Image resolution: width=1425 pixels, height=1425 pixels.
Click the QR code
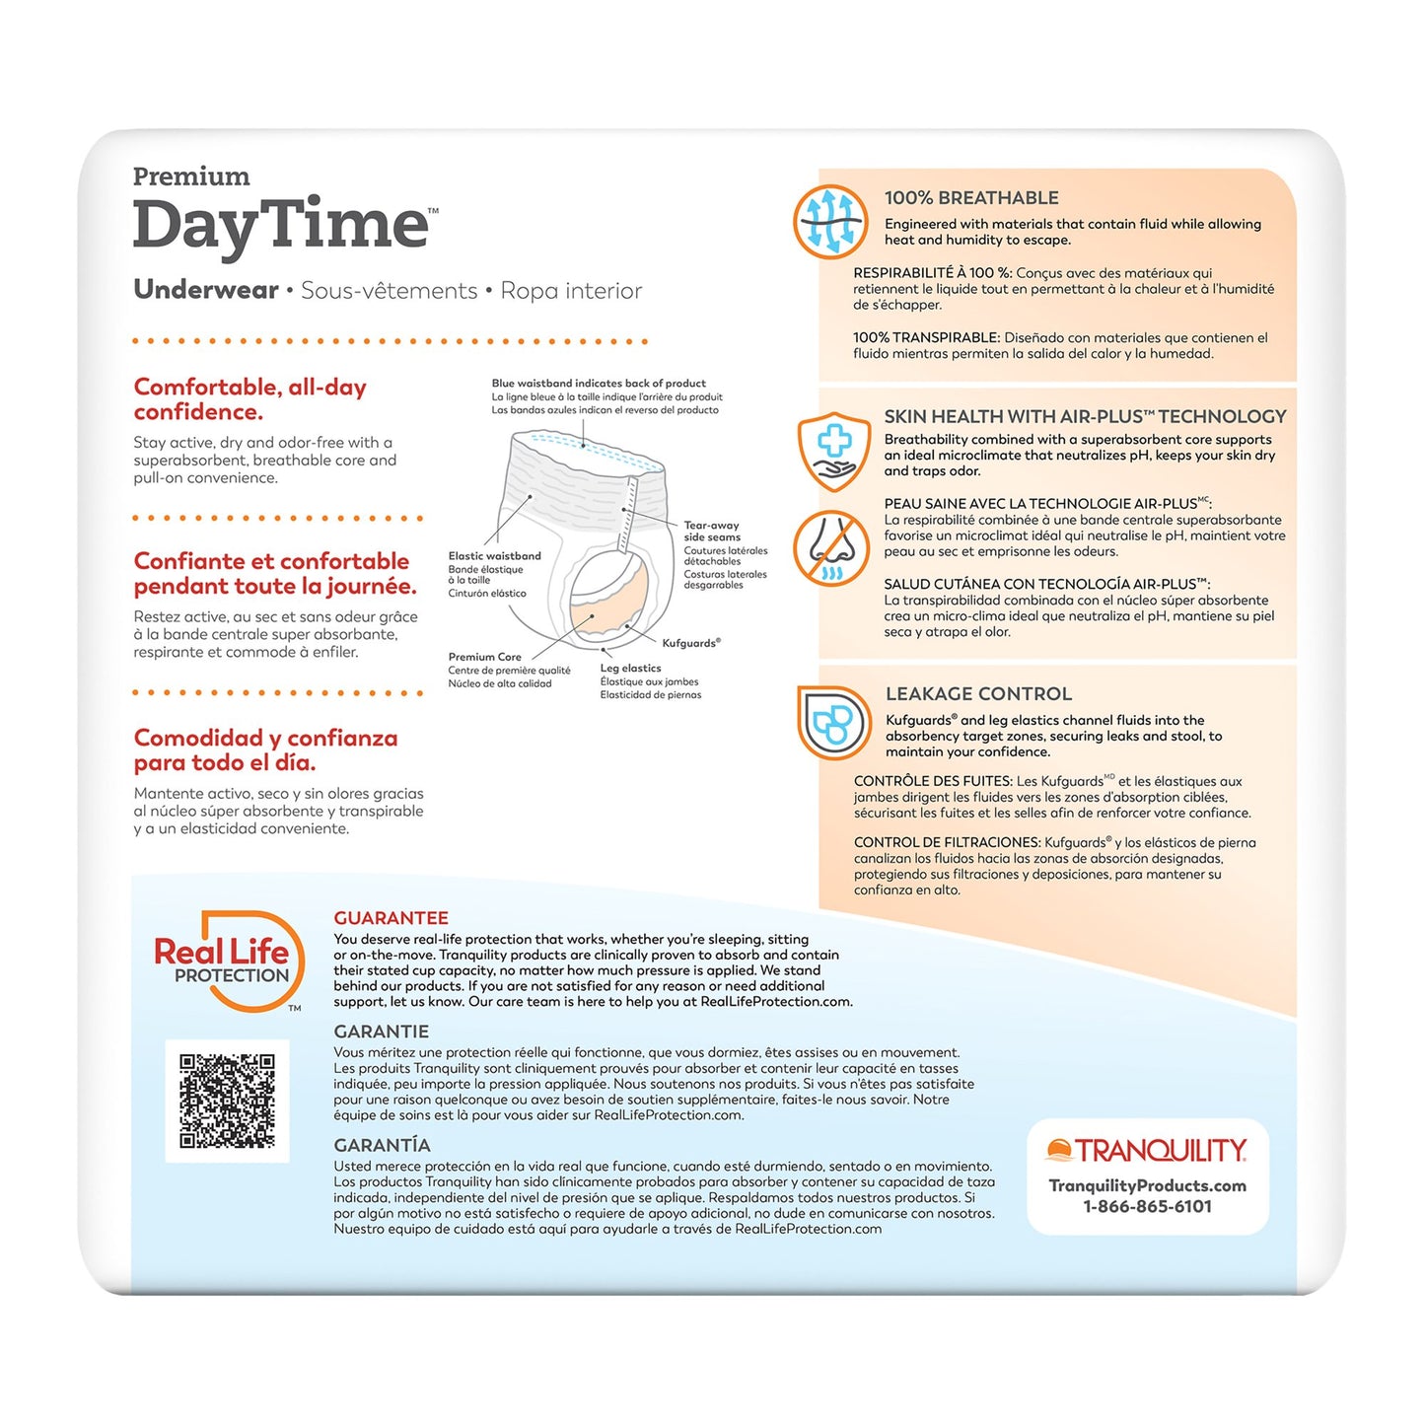(227, 1101)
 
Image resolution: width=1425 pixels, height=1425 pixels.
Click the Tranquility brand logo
(1147, 1151)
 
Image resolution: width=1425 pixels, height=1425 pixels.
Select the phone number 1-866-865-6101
(1147, 1206)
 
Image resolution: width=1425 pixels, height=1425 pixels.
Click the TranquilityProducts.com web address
(1147, 1185)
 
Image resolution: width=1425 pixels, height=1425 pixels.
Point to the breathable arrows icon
(830, 222)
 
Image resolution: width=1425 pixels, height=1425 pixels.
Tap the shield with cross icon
(834, 451)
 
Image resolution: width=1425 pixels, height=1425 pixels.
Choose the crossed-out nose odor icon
(830, 548)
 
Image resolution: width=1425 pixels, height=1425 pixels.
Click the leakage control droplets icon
(834, 723)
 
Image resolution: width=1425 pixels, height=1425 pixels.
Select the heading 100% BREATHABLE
(971, 198)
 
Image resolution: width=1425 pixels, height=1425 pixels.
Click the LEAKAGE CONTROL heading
(978, 694)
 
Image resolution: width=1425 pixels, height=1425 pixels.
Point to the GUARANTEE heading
(391, 918)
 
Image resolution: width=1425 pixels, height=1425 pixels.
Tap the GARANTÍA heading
(382, 1145)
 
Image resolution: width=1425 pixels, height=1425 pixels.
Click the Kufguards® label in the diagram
(691, 643)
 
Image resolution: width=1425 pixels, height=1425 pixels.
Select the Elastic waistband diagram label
(494, 556)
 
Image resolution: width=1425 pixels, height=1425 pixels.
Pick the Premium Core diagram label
(484, 657)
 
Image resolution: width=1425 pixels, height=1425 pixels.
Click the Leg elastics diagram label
(630, 669)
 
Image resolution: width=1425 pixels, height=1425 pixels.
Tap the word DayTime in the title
(281, 225)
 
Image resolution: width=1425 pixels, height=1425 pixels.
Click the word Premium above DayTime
(191, 177)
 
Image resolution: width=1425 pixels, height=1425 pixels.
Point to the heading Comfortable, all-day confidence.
(249, 399)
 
